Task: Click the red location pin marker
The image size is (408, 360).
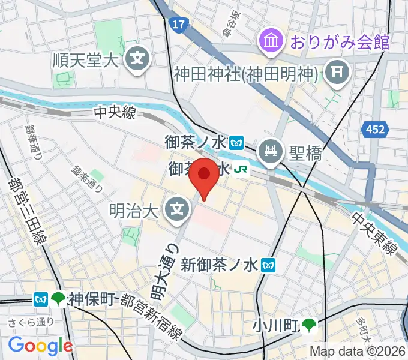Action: tap(204, 176)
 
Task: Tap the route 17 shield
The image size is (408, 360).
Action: tap(178, 25)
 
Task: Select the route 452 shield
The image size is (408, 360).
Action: tap(377, 128)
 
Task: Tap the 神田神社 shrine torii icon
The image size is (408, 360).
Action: tap(335, 74)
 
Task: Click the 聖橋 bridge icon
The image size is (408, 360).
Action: tap(272, 149)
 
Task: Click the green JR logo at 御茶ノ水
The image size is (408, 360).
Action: tap(241, 170)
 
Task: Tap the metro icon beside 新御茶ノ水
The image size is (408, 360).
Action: tap(271, 263)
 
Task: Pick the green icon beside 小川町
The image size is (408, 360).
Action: tap(309, 326)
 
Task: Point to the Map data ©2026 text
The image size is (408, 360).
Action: tap(358, 352)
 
